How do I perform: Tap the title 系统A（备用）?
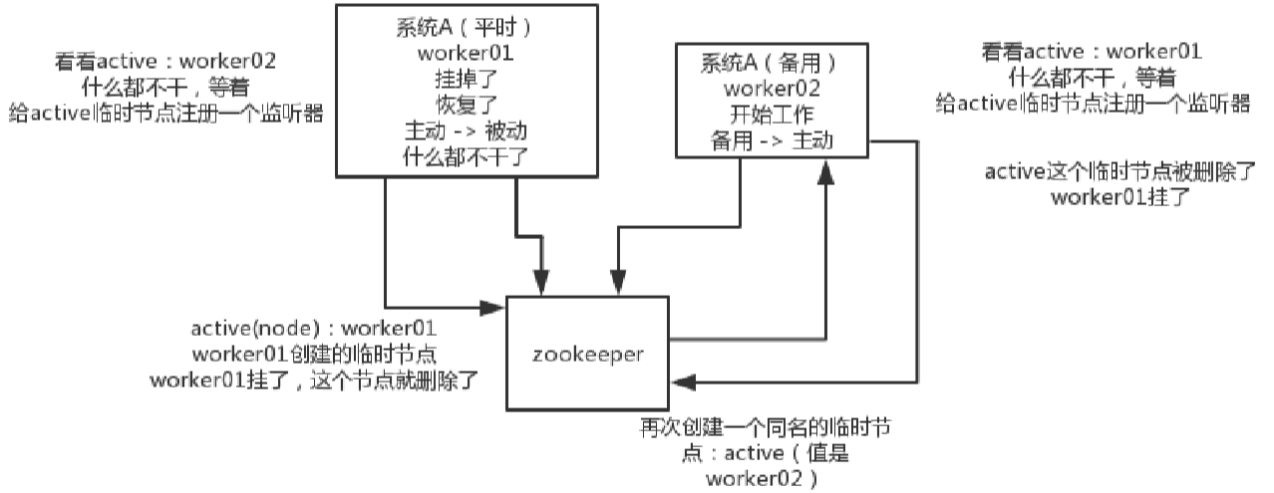pos(768,63)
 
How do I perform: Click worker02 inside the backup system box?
pos(768,89)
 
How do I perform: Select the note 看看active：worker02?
pos(165,62)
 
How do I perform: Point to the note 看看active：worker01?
pos(1092,52)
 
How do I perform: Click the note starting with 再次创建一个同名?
pos(765,429)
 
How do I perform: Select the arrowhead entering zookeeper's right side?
pos(681,380)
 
